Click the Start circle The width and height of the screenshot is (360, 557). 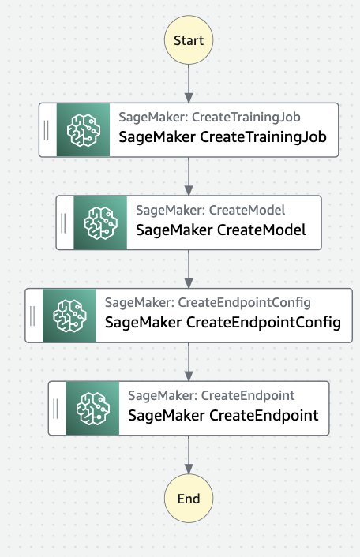pyautogui.click(x=189, y=39)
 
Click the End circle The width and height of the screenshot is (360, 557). pyautogui.click(x=189, y=499)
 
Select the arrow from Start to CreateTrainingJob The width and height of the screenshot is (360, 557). pyautogui.click(x=189, y=84)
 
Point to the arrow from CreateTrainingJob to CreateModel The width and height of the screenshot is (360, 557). pyautogui.click(x=189, y=176)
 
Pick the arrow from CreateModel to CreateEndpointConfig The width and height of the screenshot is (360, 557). pyautogui.click(x=189, y=269)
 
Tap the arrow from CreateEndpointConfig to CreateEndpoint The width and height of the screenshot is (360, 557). pyautogui.click(x=189, y=362)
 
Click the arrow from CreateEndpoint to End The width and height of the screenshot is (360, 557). pyautogui.click(x=189, y=454)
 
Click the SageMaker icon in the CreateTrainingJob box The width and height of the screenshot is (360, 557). pyautogui.click(x=83, y=130)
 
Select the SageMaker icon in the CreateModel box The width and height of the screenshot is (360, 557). pyautogui.click(x=100, y=222)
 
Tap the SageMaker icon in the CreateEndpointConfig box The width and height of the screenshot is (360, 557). pyautogui.click(x=69, y=316)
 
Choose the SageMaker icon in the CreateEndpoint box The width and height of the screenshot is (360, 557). pyautogui.click(x=92, y=408)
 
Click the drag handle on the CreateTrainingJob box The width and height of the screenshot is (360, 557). pyautogui.click(x=47, y=130)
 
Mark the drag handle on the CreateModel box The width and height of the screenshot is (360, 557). pyautogui.click(x=63, y=222)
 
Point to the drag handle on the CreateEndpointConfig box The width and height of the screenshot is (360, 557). pyautogui.click(x=32, y=316)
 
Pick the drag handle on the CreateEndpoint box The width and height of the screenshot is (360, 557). pyautogui.click(x=55, y=408)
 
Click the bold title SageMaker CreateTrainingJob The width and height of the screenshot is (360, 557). pyautogui.click(x=223, y=137)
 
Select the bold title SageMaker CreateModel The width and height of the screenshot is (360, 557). pyautogui.click(x=221, y=230)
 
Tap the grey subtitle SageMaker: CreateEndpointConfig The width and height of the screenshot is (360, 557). pyautogui.click(x=208, y=303)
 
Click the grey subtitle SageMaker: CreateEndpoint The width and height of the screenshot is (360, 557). pyautogui.click(x=212, y=395)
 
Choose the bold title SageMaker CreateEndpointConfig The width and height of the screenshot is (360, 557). pyautogui.click(x=223, y=323)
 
